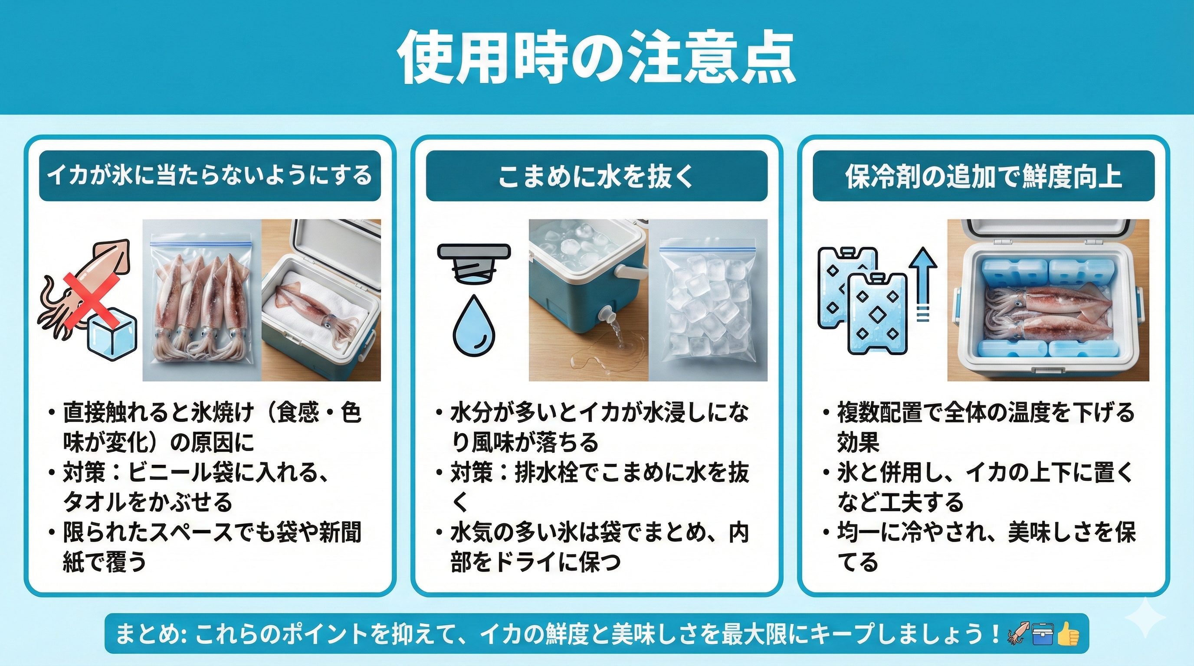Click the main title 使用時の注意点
597,59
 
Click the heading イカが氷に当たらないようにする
210,176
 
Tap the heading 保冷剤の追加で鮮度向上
983,176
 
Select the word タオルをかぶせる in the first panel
148,502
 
